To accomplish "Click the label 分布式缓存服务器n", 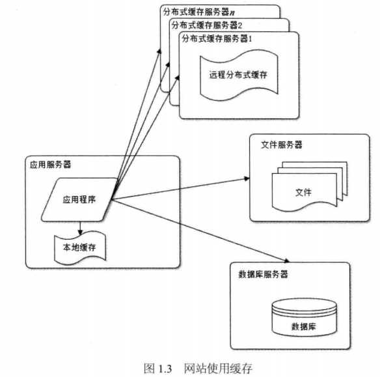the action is (198, 12).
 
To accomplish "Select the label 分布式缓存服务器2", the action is (207, 25).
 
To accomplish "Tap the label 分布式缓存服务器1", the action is (217, 38).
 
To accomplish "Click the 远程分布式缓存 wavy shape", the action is (239, 75).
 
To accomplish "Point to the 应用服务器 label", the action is (50, 165).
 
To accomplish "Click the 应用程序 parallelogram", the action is (79, 200).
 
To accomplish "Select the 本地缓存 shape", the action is (80, 247).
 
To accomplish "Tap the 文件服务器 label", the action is (281, 145).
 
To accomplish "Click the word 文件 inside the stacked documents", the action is (303, 192).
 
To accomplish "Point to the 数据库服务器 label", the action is (263, 274).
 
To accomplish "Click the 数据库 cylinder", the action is (305, 317).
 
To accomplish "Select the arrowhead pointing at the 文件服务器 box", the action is (247, 178).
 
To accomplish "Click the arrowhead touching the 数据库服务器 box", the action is (287, 260).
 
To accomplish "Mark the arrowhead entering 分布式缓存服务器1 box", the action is (178, 78).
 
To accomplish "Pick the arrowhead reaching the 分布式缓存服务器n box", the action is (159, 51).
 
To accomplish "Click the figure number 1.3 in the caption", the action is (165, 369).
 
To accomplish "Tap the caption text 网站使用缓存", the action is (218, 369).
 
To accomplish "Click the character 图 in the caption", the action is (149, 369).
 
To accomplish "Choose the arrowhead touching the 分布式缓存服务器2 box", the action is (168, 64).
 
